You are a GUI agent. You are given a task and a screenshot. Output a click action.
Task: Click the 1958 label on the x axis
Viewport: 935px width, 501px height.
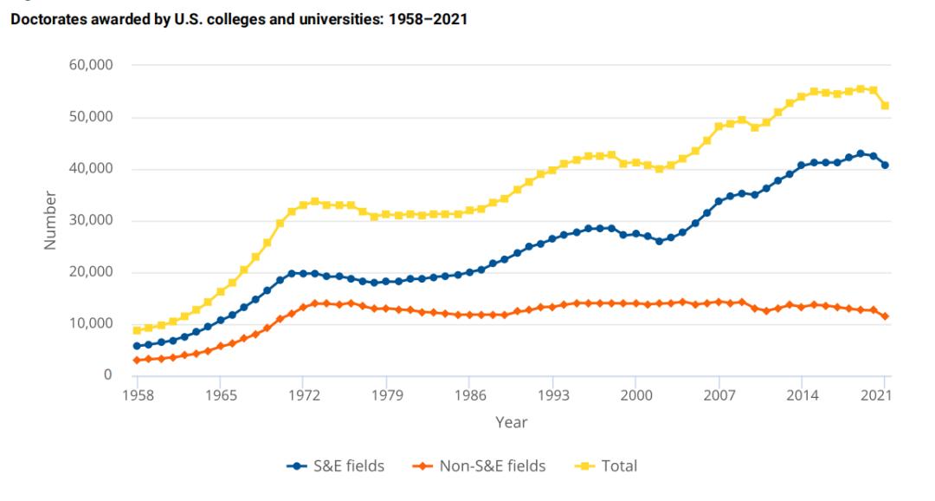(x=136, y=394)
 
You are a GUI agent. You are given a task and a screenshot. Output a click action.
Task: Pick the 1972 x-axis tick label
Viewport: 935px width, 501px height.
(x=303, y=394)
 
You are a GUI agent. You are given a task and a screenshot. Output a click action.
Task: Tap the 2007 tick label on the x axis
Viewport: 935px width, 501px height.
(x=719, y=394)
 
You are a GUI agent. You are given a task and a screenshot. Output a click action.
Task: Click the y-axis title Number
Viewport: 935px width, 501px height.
(x=50, y=220)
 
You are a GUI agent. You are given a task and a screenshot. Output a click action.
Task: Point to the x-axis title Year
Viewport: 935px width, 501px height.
(x=510, y=423)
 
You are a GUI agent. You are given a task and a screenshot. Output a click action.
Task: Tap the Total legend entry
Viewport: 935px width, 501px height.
(x=608, y=466)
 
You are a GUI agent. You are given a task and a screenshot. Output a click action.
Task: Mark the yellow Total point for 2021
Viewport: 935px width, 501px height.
(x=885, y=106)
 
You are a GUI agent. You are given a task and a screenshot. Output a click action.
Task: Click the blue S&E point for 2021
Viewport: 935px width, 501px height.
(x=885, y=165)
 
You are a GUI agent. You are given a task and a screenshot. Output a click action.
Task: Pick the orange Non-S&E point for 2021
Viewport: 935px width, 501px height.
(x=885, y=316)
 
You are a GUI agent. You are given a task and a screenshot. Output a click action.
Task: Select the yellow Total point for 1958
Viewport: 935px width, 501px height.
(x=136, y=330)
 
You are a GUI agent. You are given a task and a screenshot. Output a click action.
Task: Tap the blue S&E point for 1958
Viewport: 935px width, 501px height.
(x=136, y=346)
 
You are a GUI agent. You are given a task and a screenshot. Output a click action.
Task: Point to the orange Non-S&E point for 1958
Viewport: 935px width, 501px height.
(x=136, y=360)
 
